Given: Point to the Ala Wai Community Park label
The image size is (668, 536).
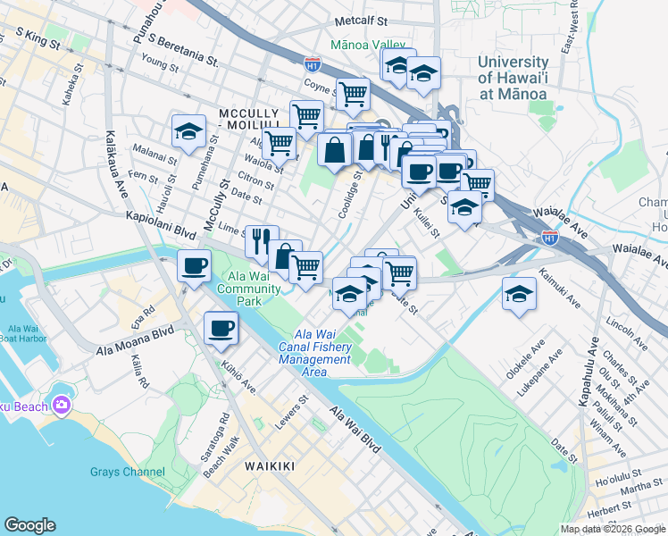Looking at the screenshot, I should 236,289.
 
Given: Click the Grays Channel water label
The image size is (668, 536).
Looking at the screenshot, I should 127,472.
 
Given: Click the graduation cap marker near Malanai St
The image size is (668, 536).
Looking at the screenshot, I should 189,131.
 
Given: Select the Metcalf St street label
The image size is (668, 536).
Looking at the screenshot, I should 361,20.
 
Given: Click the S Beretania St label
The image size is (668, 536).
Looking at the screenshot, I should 184,50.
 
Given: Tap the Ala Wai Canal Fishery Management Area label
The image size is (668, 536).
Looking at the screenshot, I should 314,349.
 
